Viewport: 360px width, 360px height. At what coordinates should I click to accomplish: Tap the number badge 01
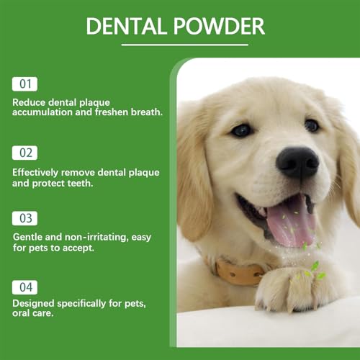coord(24,84)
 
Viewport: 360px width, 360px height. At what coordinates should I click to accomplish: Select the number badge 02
coord(24,153)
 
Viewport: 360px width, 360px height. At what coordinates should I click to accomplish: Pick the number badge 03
coord(24,218)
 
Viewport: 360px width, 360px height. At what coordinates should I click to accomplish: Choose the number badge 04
coord(24,287)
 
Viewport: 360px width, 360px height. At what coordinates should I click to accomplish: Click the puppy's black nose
coord(297,162)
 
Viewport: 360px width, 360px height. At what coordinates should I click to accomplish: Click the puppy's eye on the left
coord(241,130)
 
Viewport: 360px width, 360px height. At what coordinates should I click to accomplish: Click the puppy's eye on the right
coord(311,125)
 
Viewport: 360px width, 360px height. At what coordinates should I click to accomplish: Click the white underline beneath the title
coord(175,45)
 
